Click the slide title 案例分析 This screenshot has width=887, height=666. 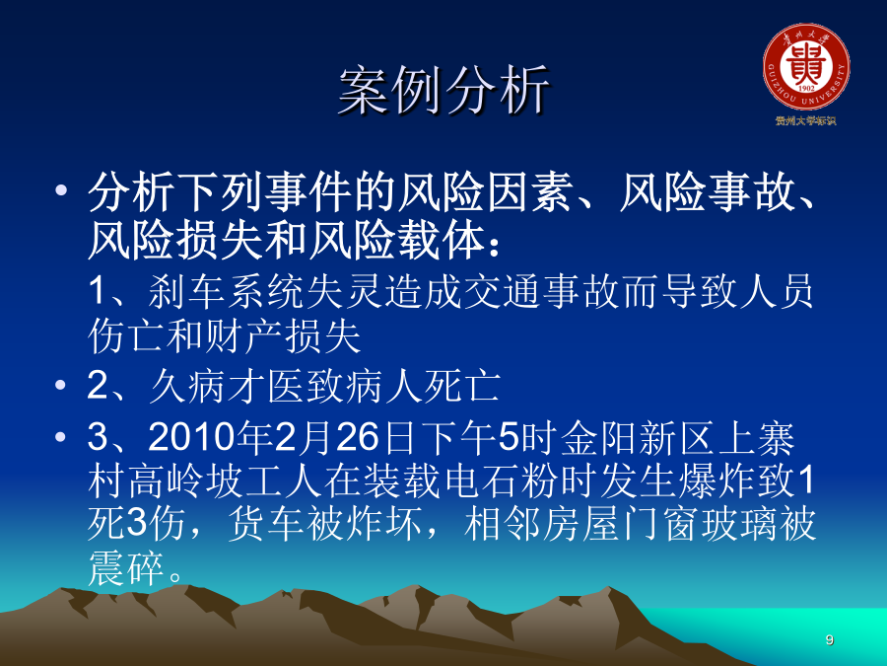[444, 90]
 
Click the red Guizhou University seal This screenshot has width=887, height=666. [806, 66]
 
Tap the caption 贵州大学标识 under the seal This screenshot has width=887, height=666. [805, 120]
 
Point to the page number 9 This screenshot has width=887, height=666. [829, 639]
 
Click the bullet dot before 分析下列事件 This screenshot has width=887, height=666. [61, 189]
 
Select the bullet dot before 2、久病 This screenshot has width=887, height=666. [61, 386]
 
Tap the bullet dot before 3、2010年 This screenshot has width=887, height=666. [61, 437]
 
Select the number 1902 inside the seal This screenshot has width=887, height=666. [806, 89]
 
